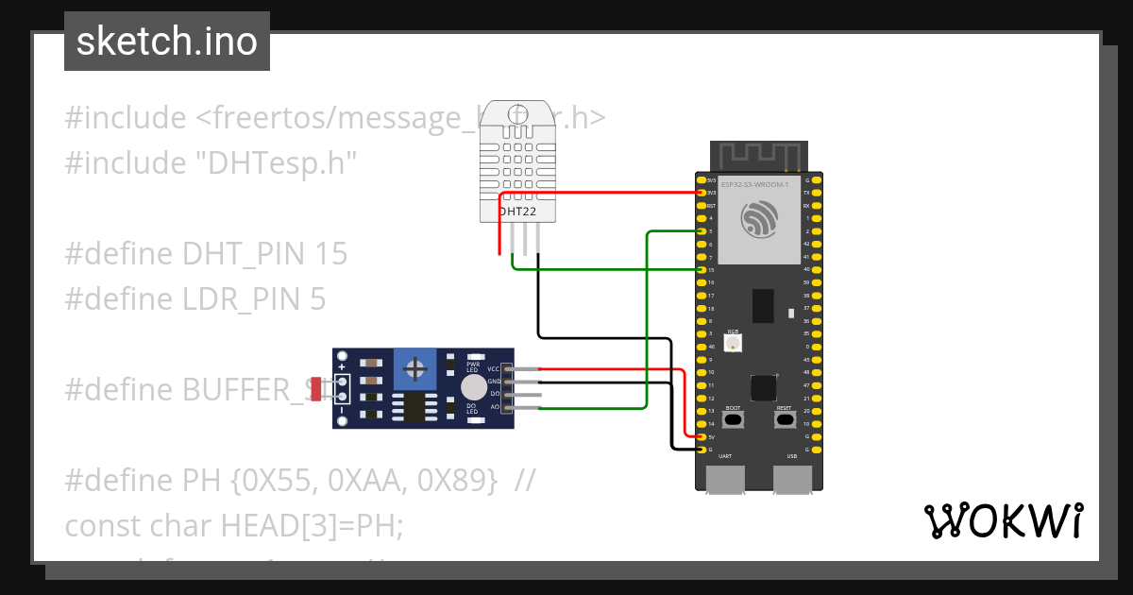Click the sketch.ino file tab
click(167, 42)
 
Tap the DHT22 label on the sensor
click(517, 212)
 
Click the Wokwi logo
click(1003, 520)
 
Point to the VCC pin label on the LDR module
click(493, 368)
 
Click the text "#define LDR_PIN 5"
click(195, 299)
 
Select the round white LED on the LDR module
click(473, 387)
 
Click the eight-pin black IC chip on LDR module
click(414, 407)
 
